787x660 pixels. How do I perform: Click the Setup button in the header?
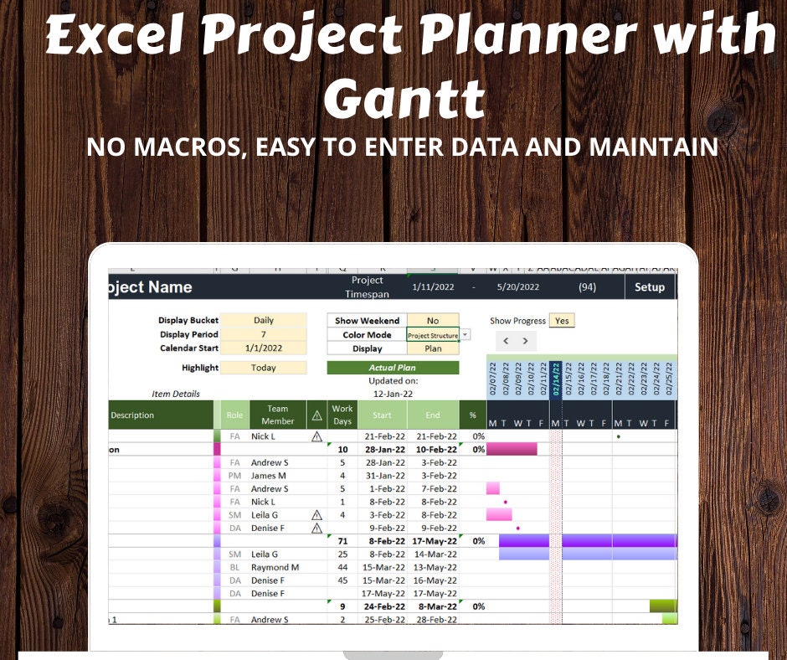click(649, 287)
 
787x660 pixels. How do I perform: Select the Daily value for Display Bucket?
click(264, 321)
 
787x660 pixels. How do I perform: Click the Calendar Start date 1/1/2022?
click(264, 348)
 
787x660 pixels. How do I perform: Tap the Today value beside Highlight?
click(264, 368)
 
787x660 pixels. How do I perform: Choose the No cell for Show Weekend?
click(432, 321)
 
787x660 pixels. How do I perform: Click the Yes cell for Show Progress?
click(562, 321)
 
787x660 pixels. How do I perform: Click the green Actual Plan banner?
click(393, 368)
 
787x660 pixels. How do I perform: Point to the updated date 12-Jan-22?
click(393, 394)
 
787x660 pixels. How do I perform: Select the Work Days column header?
click(342, 415)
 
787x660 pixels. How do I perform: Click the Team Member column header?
click(278, 415)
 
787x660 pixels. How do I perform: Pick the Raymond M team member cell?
click(275, 567)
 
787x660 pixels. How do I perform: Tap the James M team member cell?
click(270, 476)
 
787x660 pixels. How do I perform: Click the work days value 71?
click(342, 541)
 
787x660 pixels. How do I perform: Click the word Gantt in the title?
click(404, 100)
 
